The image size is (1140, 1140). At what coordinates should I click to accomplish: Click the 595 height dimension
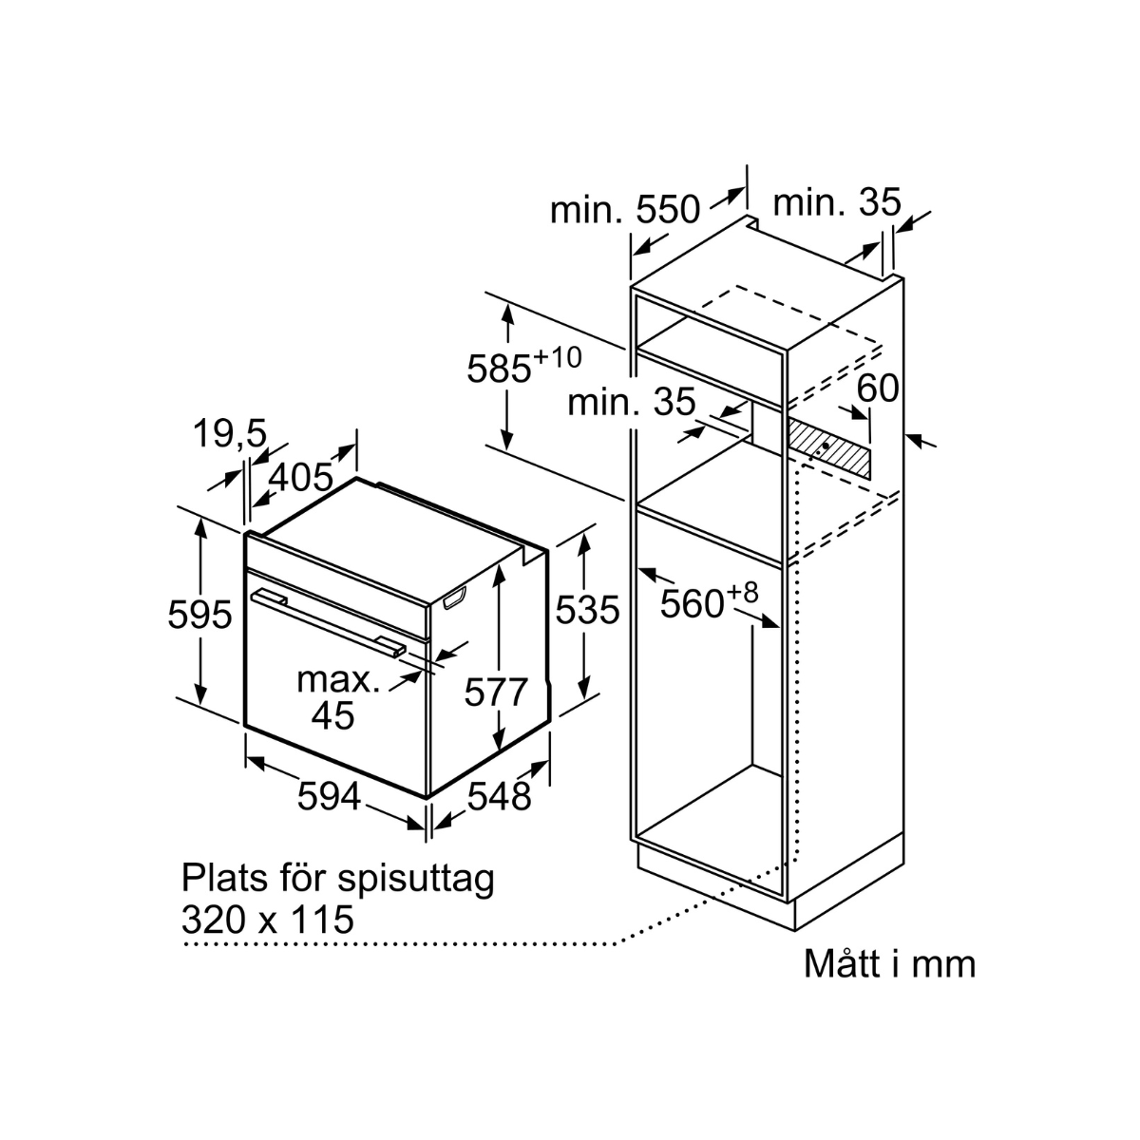tap(199, 615)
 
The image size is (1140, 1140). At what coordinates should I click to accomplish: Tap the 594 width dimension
tap(329, 796)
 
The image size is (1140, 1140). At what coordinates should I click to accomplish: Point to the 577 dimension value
tap(495, 693)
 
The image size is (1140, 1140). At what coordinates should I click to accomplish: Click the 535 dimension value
tap(587, 610)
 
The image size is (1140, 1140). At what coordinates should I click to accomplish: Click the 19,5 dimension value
tap(229, 434)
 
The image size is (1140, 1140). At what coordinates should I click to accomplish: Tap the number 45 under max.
tap(332, 714)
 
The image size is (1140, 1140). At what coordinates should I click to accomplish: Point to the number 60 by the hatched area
tap(877, 388)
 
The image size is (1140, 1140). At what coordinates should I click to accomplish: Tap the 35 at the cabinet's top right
tap(878, 202)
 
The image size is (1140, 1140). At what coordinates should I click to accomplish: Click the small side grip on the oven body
tap(455, 597)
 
